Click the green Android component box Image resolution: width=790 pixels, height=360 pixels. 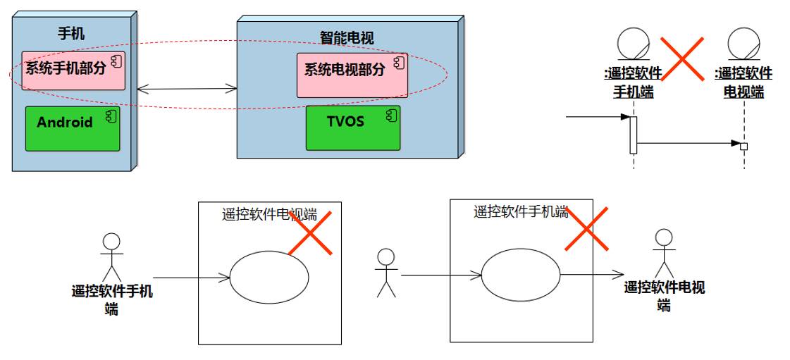coord(73,128)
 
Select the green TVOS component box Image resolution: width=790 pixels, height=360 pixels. coord(352,128)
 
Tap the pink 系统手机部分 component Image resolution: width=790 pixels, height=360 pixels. coord(73,70)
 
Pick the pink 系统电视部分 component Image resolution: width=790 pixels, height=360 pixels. coord(352,75)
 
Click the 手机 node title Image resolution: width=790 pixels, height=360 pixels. coord(71,33)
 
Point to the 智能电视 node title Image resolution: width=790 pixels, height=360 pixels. coord(347,38)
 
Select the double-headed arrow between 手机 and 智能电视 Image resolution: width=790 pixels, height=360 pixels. coord(187,89)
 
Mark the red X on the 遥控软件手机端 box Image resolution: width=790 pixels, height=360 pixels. coord(587,228)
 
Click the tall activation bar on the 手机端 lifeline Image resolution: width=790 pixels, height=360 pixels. coord(634,135)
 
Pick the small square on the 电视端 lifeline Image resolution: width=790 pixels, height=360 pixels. coord(743,146)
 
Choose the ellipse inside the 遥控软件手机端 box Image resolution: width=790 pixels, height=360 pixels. coord(521,274)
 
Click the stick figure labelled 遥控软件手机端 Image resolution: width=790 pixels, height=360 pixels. coord(111,257)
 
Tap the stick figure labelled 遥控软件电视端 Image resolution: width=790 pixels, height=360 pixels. coord(663,253)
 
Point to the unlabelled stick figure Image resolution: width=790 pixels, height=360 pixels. coord(385,273)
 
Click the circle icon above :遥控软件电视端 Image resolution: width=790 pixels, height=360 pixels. coord(743,44)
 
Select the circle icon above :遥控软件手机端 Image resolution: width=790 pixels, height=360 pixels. coord(633,44)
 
